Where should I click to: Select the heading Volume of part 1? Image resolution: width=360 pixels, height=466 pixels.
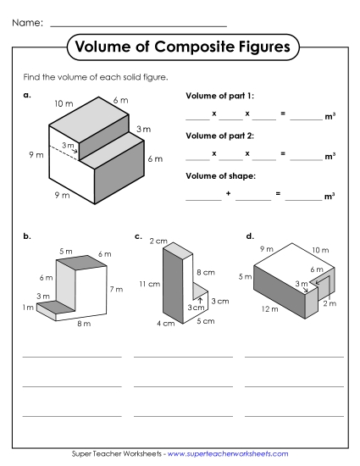(x=219, y=96)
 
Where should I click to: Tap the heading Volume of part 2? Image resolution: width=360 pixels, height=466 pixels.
(x=219, y=136)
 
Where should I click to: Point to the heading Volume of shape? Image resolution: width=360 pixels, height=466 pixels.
(x=220, y=175)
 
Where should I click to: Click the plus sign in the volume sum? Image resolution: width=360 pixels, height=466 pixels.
(x=228, y=195)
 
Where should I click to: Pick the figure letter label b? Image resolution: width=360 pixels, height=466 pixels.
(x=27, y=236)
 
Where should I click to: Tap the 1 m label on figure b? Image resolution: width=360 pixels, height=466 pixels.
(x=27, y=307)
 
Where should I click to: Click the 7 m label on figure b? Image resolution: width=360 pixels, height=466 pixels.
(x=116, y=289)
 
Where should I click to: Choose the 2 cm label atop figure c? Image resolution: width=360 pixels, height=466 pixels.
(x=158, y=241)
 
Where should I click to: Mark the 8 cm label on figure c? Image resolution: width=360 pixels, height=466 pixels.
(x=204, y=273)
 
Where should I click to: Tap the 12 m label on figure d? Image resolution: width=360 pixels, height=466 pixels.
(x=269, y=310)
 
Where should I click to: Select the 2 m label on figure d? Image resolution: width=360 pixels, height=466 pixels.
(x=330, y=302)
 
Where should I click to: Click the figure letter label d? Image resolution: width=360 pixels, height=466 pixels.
(x=249, y=236)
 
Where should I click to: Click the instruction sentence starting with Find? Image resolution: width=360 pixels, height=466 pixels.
(x=96, y=77)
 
